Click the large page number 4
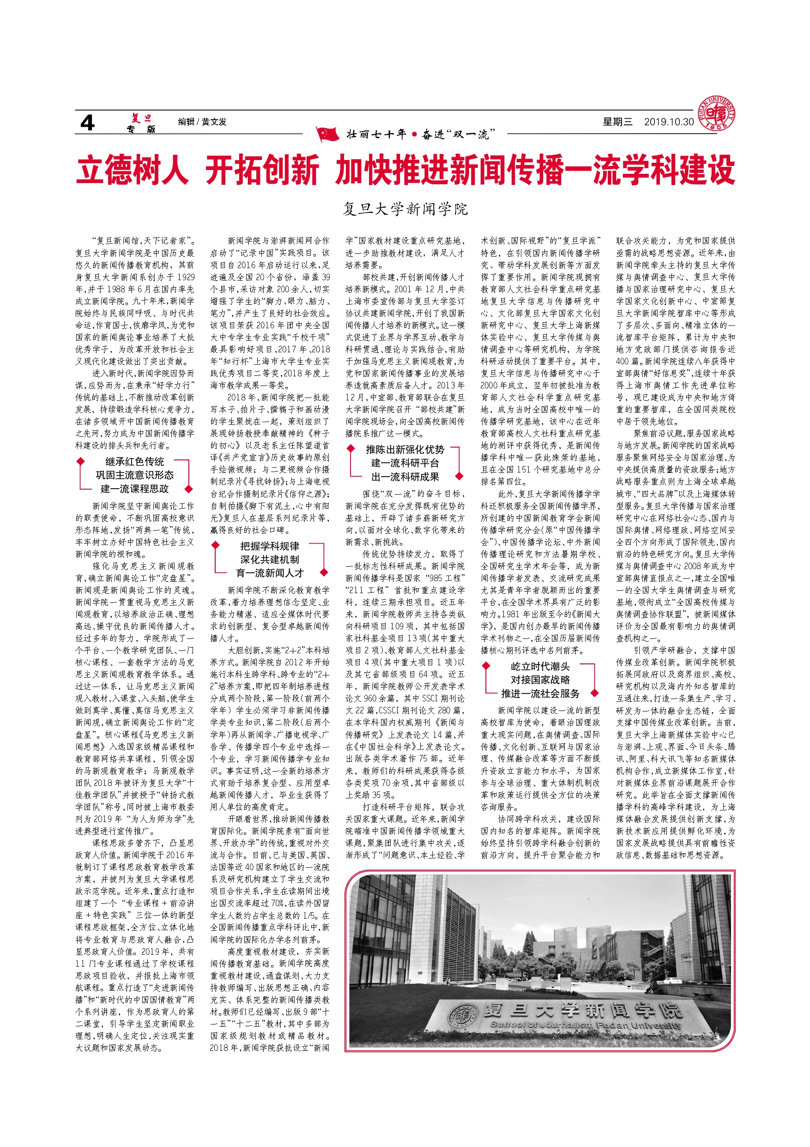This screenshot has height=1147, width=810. click(87, 123)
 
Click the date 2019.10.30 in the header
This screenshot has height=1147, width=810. click(669, 122)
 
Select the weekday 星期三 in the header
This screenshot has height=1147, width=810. click(617, 122)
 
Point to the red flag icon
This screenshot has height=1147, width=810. click(327, 134)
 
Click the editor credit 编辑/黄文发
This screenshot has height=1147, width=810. click(202, 122)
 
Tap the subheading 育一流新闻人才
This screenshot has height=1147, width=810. click(270, 573)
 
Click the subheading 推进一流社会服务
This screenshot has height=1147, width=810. click(540, 693)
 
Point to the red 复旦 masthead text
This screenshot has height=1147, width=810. click(141, 118)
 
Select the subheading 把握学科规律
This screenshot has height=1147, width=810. click(270, 546)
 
